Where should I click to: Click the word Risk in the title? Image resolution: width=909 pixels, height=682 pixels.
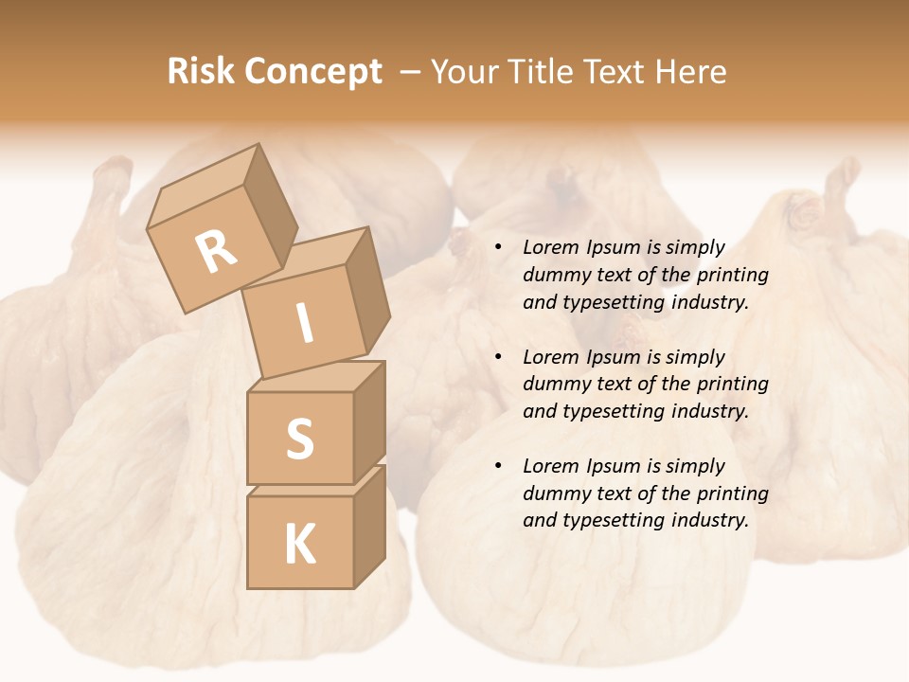[x=202, y=72]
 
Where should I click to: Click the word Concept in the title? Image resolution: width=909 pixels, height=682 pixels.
[x=313, y=72]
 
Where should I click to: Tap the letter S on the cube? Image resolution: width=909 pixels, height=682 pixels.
[x=300, y=439]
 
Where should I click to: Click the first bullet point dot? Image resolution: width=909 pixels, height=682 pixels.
[x=497, y=248]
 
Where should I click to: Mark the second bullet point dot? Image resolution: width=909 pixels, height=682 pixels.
[x=497, y=358]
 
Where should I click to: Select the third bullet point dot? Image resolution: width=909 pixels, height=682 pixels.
[x=497, y=467]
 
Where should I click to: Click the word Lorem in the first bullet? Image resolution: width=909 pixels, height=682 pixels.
[x=550, y=248]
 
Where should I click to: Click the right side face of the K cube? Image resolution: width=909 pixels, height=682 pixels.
[x=369, y=526]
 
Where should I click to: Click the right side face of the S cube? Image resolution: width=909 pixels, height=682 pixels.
[x=369, y=422]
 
